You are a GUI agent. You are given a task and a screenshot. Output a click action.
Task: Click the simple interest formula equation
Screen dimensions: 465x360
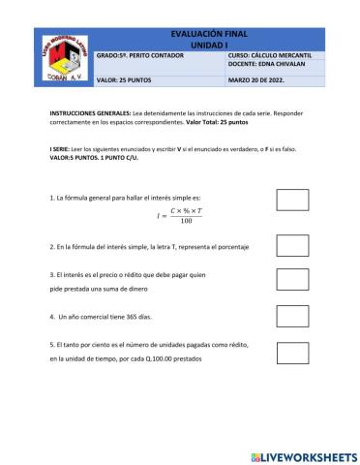tap(179, 215)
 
